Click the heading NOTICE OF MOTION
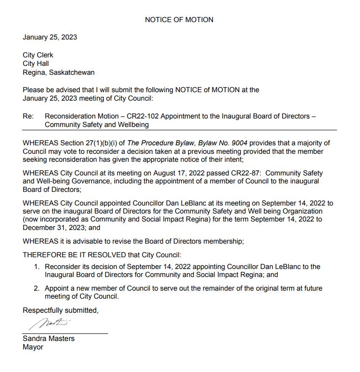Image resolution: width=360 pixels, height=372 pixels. tap(179, 20)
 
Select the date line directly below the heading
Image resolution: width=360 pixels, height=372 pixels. tap(50, 37)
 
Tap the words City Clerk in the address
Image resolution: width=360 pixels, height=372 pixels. tap(38, 55)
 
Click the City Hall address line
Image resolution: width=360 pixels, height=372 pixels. tap(36, 63)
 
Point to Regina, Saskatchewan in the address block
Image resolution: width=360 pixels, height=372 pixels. tap(59, 72)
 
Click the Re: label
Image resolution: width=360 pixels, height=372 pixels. tap(28, 116)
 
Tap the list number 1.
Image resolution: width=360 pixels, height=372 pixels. tap(36, 267)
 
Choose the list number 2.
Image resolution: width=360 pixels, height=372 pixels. tap(36, 288)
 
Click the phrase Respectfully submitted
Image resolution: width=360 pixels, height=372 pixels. tap(61, 310)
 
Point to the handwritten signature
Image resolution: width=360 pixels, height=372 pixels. tap(49, 324)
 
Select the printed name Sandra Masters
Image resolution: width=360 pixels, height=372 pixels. tap(48, 339)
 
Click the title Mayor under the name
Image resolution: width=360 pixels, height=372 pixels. tap(33, 347)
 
